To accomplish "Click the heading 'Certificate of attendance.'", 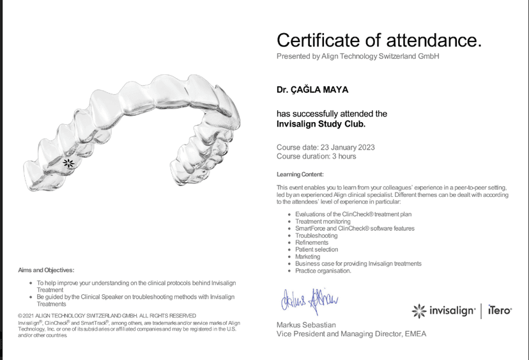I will pos(379,40).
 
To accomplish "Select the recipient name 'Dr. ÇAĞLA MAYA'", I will pos(312,90).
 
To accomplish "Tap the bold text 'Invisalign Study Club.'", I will pos(321,124).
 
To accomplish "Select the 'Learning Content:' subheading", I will pos(300,174).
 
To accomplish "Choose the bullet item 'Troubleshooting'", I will pos(316,235).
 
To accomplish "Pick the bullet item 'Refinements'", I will pos(312,242).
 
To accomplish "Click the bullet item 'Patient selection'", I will pos(316,249).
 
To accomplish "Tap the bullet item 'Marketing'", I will pos(308,256).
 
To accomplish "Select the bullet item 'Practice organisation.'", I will pos(323,270).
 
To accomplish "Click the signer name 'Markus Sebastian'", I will pos(306,325).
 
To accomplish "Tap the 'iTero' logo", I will pos(499,310).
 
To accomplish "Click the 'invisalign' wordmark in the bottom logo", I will pos(452,311).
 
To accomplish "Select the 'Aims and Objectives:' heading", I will pos(46,270).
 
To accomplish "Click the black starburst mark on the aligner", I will pos(70,163).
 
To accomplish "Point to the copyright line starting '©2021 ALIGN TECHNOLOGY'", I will pos(107,315).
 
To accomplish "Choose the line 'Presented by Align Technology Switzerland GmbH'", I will pos(358,56).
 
